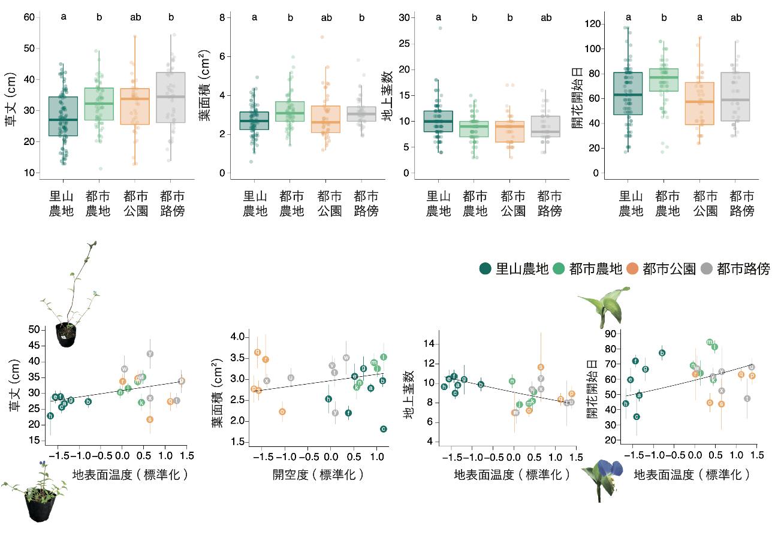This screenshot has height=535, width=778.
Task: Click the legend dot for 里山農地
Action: pyautogui.click(x=485, y=269)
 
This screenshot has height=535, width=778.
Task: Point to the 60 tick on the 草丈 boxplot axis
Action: pyautogui.click(x=28, y=17)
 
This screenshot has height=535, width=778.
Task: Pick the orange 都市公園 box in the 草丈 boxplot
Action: pyautogui.click(x=135, y=106)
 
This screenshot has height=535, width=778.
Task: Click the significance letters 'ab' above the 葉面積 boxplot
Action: pyautogui.click(x=326, y=17)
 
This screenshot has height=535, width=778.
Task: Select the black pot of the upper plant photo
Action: pyautogui.click(x=66, y=335)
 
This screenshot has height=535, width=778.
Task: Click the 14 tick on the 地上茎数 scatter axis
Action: pyautogui.click(x=428, y=344)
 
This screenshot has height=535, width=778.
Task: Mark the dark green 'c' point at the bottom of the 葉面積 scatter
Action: pyautogui.click(x=383, y=428)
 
